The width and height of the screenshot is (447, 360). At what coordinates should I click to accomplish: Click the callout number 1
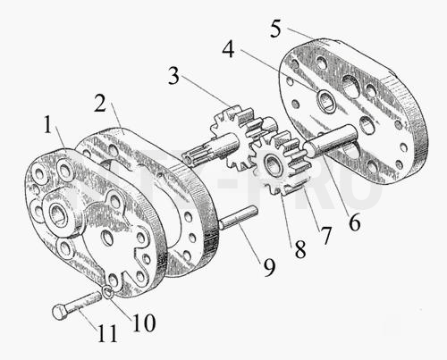tap(48, 125)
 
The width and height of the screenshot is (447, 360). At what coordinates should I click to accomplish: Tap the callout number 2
tap(100, 103)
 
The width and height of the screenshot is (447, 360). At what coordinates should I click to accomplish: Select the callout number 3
tap(174, 76)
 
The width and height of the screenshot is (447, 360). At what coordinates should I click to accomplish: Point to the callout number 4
tap(228, 49)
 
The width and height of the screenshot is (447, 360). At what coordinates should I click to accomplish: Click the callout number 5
tap(275, 29)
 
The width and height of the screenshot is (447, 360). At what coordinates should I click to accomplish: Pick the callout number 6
tap(354, 222)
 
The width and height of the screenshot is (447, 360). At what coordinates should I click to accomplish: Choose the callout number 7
tap(325, 236)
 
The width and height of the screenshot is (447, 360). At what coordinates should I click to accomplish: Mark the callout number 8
tap(300, 249)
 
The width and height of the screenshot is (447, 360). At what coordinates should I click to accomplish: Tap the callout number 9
tap(269, 267)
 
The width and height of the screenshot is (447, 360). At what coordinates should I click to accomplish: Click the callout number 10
tap(144, 322)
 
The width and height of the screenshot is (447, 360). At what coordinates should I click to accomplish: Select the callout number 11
tap(107, 333)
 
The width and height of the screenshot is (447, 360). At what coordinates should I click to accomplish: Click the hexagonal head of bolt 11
tap(60, 312)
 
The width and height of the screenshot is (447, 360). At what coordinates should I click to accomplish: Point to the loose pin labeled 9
tap(239, 218)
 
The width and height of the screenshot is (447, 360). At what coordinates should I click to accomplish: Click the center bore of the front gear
tap(271, 163)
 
